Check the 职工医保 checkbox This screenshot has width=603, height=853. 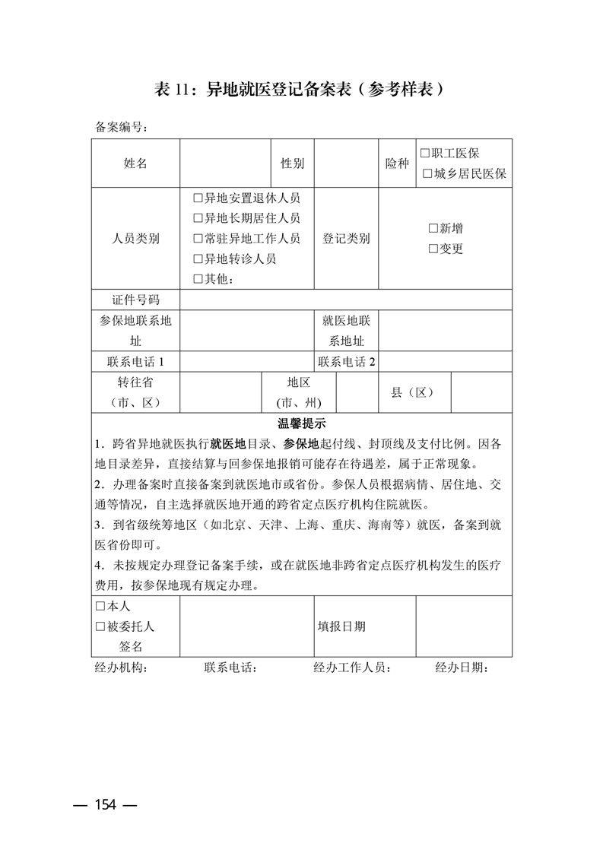(425, 153)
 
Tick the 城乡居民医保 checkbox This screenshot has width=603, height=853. (428, 174)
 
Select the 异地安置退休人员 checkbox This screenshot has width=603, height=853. (198, 198)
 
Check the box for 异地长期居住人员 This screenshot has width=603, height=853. (198, 219)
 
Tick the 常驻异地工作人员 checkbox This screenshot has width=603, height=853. (198, 239)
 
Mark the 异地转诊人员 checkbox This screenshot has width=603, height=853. (198, 259)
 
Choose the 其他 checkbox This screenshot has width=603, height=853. (198, 279)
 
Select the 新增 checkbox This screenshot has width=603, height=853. (433, 228)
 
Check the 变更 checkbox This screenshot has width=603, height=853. (433, 249)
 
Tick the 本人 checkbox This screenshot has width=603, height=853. (100, 607)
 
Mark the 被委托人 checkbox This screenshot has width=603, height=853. (100, 626)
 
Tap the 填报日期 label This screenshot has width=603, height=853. (341, 626)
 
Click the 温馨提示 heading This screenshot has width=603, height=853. (301, 423)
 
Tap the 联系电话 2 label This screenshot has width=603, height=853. (346, 361)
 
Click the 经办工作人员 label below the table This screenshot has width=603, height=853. (352, 668)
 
